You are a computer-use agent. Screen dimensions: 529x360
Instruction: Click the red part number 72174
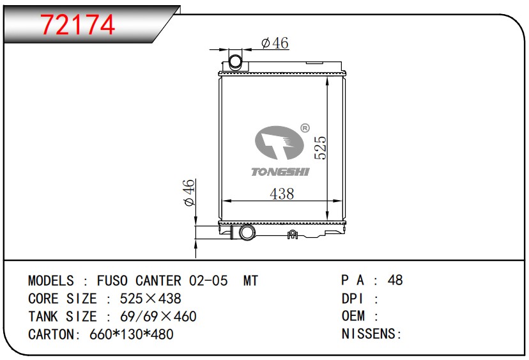click(x=78, y=25)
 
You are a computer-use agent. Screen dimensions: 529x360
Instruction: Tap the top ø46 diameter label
click(x=275, y=43)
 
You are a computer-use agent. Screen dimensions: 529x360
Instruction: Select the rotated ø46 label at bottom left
click(x=189, y=192)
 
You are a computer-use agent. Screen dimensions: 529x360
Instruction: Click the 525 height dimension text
click(x=320, y=148)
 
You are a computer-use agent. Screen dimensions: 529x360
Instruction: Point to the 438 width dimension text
click(x=282, y=194)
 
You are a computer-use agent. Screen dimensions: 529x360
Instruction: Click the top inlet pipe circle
click(x=236, y=62)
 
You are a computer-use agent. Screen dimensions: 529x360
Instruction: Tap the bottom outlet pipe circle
click(x=248, y=233)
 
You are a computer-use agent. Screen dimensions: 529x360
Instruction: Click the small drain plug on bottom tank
click(x=292, y=235)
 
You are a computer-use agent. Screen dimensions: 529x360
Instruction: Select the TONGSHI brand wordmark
click(x=280, y=172)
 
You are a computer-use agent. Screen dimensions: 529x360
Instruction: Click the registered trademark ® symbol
click(x=305, y=129)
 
